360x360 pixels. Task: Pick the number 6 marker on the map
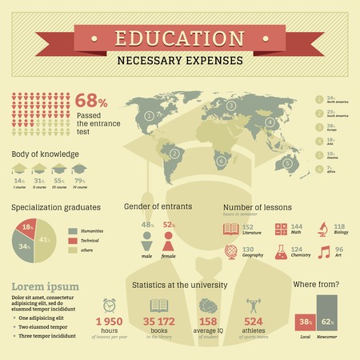point(221,161)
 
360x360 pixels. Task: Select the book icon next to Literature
point(232,230)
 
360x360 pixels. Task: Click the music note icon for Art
point(324,253)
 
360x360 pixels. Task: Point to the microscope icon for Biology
point(318,230)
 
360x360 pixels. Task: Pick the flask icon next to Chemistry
point(281,253)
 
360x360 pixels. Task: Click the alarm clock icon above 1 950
point(110,305)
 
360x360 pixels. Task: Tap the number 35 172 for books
point(158,322)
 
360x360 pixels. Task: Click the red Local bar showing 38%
point(305,323)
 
